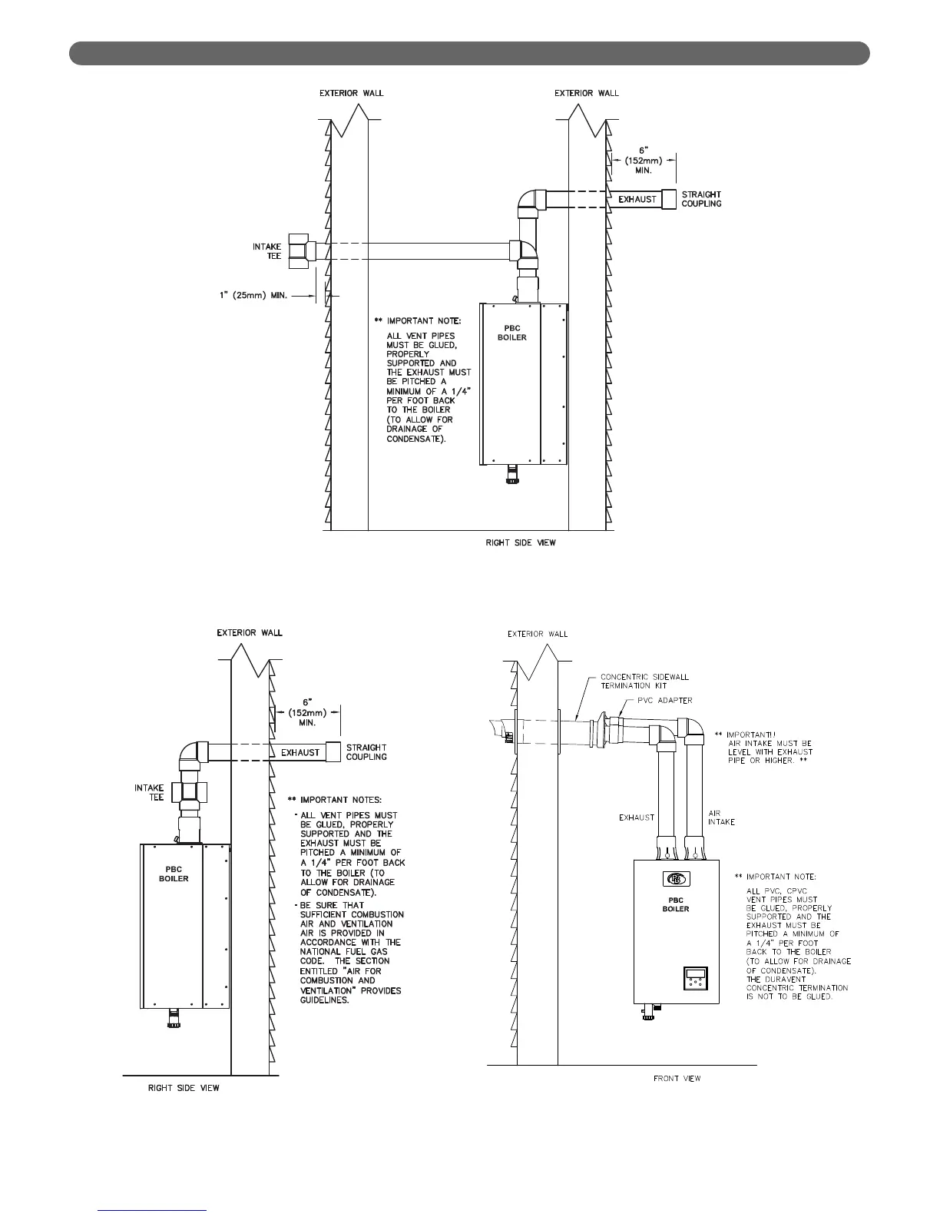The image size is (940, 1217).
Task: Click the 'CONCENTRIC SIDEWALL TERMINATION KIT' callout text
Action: pyautogui.click(x=644, y=681)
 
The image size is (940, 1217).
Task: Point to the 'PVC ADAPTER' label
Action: pyautogui.click(x=665, y=701)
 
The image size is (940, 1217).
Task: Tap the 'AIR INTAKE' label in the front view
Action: pyautogui.click(x=721, y=817)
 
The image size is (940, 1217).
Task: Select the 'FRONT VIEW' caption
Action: pyautogui.click(x=677, y=1079)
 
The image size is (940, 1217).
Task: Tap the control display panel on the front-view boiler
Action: pyautogui.click(x=696, y=980)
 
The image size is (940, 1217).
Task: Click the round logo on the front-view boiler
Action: pyautogui.click(x=676, y=879)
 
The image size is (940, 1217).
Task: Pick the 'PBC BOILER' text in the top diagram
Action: pyautogui.click(x=511, y=333)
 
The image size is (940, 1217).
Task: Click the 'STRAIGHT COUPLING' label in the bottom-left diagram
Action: pyautogui.click(x=366, y=752)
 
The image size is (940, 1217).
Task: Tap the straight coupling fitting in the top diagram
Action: pyautogui.click(x=669, y=199)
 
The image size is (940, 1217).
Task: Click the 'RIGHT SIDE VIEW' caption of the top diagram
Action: pyautogui.click(x=521, y=542)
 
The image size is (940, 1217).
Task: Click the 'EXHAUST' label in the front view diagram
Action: pyautogui.click(x=637, y=817)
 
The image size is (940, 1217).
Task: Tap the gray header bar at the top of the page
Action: pyautogui.click(x=469, y=54)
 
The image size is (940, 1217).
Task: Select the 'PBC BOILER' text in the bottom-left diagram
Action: pyautogui.click(x=174, y=874)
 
